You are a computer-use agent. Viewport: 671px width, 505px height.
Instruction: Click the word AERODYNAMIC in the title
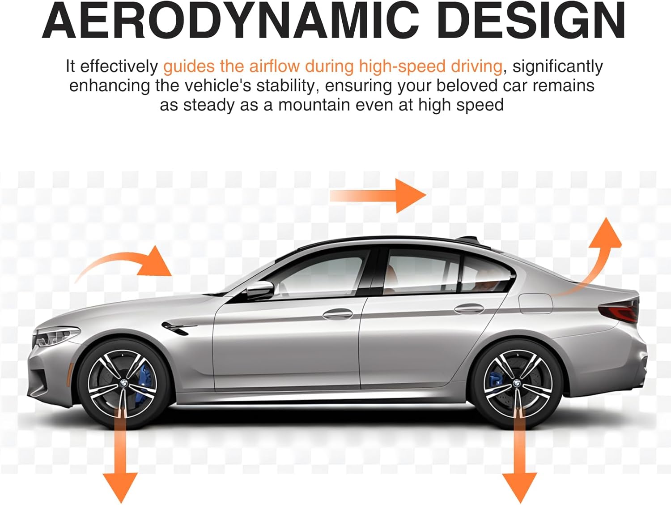click(x=231, y=21)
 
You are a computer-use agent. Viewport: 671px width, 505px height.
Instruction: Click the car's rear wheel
click(x=517, y=383)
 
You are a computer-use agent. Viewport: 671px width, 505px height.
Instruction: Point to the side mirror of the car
click(x=259, y=290)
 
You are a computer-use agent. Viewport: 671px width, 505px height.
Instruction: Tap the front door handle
click(x=338, y=314)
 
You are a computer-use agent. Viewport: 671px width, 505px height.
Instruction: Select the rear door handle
click(x=469, y=308)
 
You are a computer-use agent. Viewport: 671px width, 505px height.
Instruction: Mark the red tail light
click(x=620, y=311)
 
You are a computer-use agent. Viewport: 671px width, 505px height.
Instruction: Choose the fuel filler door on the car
click(x=535, y=303)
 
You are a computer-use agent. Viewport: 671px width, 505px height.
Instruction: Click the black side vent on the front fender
click(x=177, y=328)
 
